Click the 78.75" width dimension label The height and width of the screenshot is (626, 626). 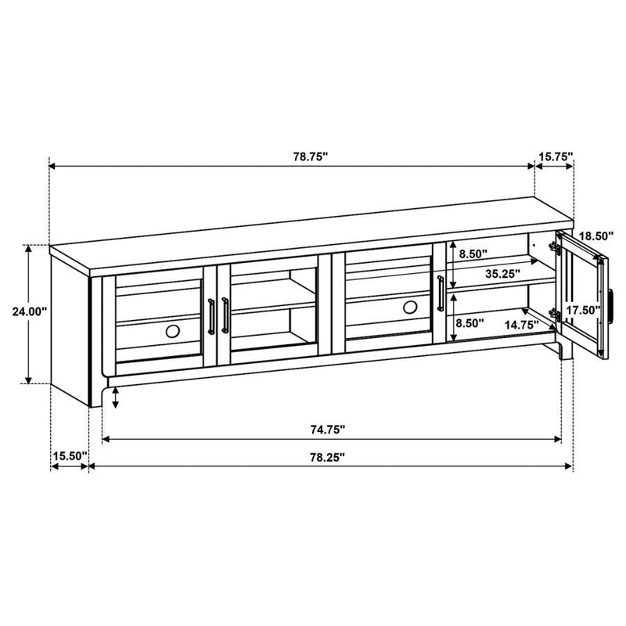click(x=311, y=156)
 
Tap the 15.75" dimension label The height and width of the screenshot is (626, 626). click(x=555, y=156)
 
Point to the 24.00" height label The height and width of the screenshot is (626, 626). click(x=30, y=311)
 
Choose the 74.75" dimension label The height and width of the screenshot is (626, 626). click(x=326, y=430)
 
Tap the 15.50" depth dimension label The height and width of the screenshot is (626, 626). click(x=69, y=456)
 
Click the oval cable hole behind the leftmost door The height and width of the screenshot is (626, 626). click(x=173, y=332)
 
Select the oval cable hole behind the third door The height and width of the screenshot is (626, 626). click(x=410, y=308)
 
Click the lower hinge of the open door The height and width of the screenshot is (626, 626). click(x=556, y=314)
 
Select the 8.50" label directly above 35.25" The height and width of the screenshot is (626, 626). click(x=473, y=254)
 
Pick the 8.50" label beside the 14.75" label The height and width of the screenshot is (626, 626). click(x=469, y=322)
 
